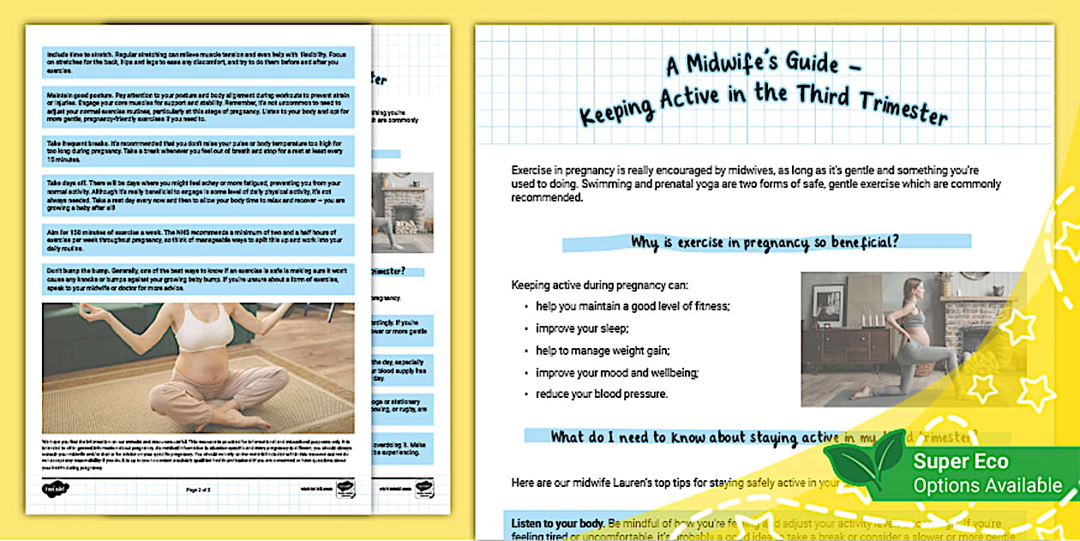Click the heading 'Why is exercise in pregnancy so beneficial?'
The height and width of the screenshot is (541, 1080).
coord(765,243)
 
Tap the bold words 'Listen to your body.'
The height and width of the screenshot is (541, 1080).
coord(557,523)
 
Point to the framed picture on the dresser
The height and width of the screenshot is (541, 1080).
coord(828,304)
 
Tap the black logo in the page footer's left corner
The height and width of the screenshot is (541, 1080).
coord(55,488)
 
